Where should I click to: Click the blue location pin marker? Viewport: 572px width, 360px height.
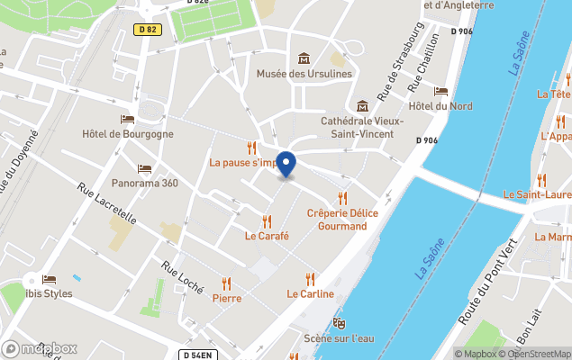(x=285, y=165)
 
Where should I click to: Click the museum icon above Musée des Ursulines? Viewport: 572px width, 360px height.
(x=304, y=58)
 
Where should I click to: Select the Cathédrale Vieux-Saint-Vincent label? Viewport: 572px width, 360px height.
(x=362, y=127)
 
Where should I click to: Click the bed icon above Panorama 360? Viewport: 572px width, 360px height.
(x=144, y=168)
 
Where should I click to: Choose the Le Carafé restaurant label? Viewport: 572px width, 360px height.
(x=267, y=236)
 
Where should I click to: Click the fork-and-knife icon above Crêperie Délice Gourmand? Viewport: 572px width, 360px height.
(x=341, y=198)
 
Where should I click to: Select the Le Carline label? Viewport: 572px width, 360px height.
(x=311, y=293)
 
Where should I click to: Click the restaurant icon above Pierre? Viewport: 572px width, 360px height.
(x=226, y=283)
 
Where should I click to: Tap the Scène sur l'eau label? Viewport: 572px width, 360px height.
(x=339, y=338)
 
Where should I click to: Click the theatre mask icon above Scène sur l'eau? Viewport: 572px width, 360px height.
(x=339, y=322)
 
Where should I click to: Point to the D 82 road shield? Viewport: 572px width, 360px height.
(x=148, y=30)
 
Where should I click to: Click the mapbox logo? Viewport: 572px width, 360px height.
(x=40, y=348)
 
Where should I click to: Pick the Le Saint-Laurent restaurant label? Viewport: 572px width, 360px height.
(x=537, y=193)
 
